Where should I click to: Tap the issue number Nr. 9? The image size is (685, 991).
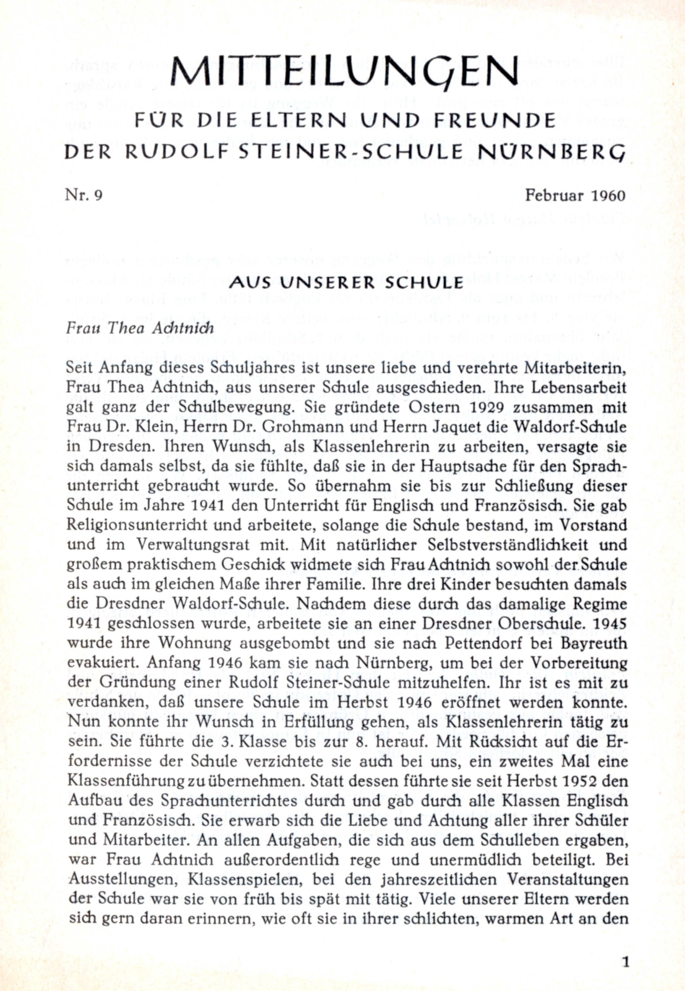[84, 195]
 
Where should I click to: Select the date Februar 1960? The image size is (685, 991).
[575, 195]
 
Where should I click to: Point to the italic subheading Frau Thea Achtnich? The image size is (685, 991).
[140, 328]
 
